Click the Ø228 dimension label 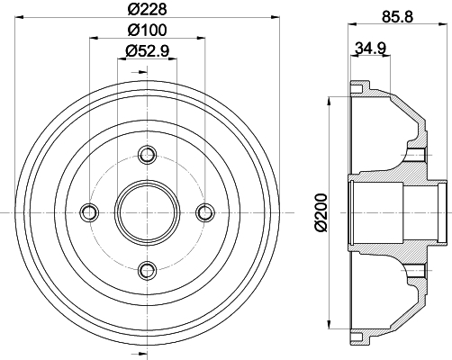point(147,9)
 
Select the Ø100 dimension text point(147,30)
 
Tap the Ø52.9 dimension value point(147,50)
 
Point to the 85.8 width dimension point(397,16)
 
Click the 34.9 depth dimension point(371,48)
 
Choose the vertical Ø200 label point(321,212)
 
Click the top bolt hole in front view point(147,155)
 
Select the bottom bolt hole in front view point(147,271)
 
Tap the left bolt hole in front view point(89,212)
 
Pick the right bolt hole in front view point(205,212)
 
